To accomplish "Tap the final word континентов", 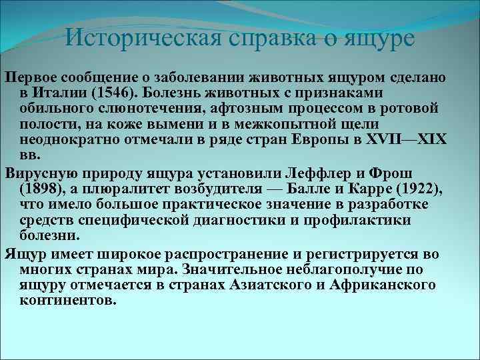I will [x=68, y=301].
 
